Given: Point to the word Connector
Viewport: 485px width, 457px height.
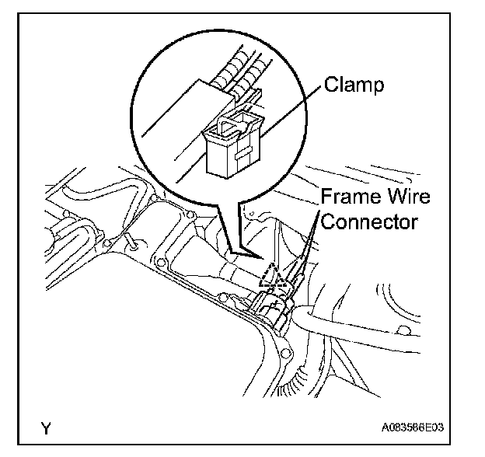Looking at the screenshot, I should [x=370, y=221].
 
